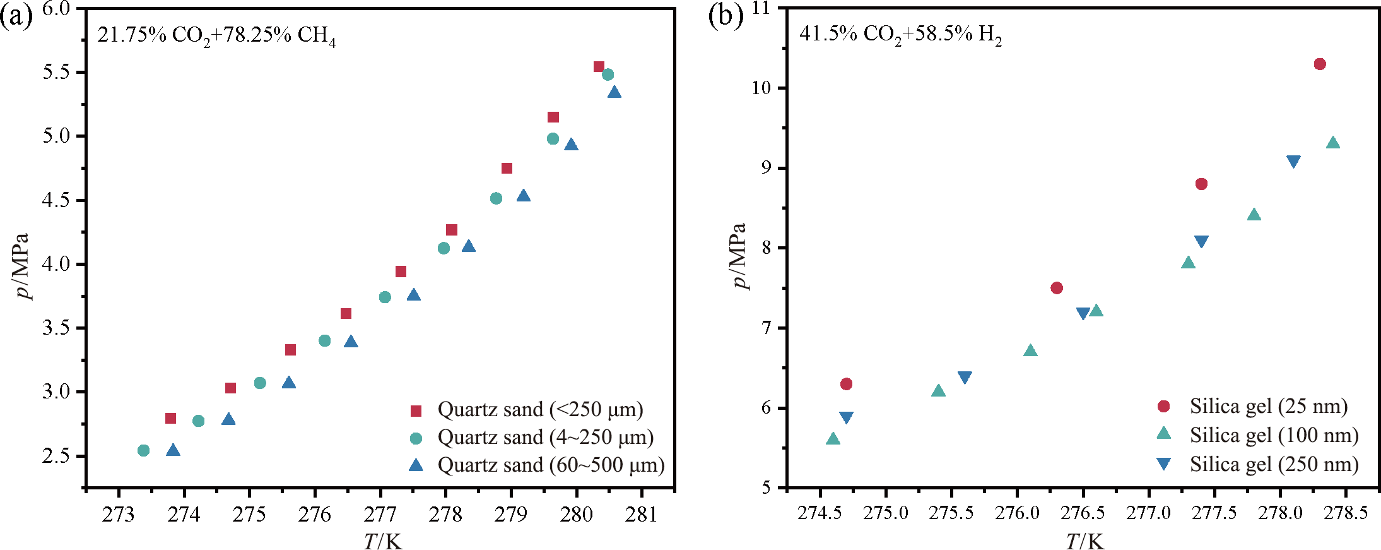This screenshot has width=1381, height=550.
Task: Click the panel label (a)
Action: click(16, 16)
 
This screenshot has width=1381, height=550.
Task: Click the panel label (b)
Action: click(726, 15)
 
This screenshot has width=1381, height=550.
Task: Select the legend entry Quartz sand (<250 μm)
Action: click(540, 410)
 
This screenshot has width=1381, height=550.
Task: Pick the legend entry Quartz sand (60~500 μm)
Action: click(551, 465)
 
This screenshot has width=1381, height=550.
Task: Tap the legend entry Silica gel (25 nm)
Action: click(1268, 406)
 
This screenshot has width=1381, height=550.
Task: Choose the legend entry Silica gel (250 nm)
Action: click(1274, 464)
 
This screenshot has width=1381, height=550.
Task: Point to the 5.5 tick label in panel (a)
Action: click(56, 72)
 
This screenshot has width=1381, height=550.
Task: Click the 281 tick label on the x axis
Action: click(642, 515)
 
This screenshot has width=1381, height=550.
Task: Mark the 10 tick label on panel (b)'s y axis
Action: click(761, 88)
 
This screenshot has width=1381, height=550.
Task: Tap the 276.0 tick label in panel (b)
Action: click(1017, 512)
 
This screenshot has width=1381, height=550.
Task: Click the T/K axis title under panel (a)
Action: click(382, 541)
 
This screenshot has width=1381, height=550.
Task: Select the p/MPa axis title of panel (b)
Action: click(739, 255)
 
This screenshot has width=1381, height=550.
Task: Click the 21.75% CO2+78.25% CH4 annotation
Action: click(216, 35)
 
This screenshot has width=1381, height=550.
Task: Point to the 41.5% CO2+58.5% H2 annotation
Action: click(900, 34)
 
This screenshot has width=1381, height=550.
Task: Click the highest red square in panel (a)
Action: click(599, 67)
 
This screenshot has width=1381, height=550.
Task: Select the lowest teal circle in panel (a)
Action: click(143, 450)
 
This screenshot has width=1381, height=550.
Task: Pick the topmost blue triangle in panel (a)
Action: click(614, 92)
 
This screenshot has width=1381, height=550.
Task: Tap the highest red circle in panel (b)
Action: click(1320, 64)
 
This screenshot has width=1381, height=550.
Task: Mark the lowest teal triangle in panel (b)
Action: click(833, 439)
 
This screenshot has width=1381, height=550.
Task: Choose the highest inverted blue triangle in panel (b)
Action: click(1293, 162)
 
